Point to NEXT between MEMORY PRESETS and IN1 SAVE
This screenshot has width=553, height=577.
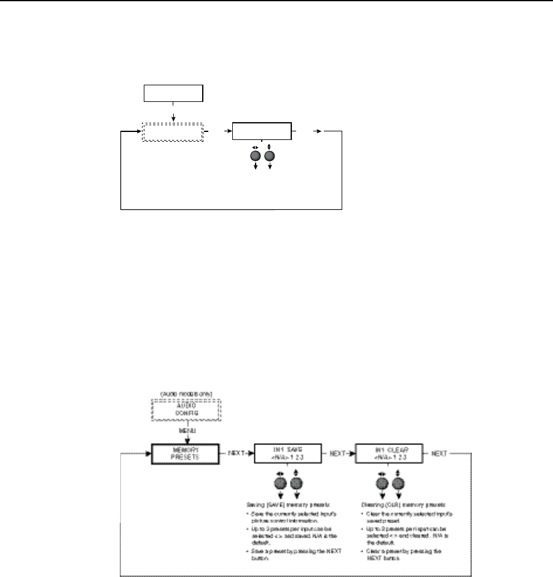(237, 454)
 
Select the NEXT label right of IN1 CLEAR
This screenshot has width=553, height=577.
(439, 454)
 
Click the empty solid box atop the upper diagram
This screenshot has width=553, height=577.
(173, 93)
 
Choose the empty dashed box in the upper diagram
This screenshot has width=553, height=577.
(173, 131)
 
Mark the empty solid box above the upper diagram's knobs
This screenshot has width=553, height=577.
(261, 131)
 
